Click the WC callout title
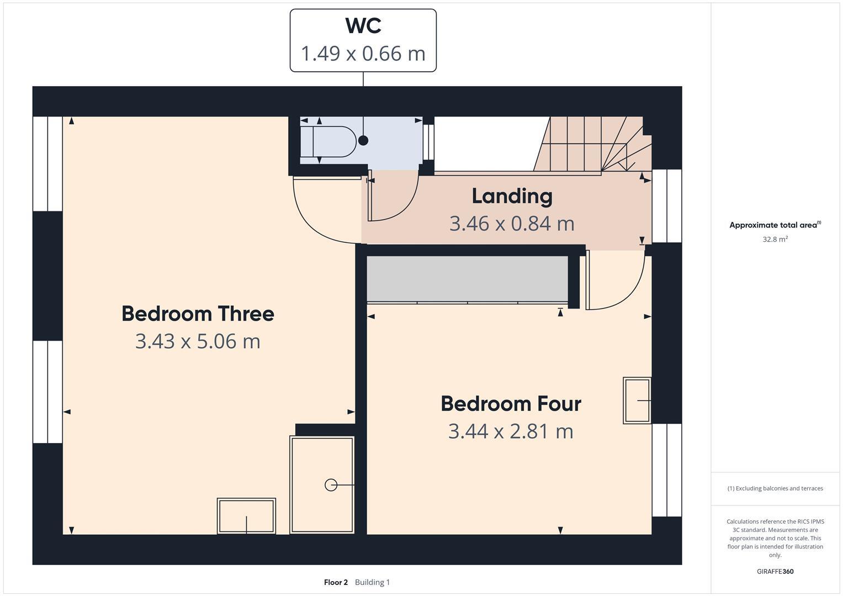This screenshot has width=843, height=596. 363,26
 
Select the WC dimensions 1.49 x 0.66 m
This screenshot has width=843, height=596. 363,54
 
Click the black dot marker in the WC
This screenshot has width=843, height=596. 363,140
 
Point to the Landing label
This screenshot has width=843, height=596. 512,196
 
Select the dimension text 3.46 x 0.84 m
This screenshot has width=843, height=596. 512,223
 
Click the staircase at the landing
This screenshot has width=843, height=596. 591,145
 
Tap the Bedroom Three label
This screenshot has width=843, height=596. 198,313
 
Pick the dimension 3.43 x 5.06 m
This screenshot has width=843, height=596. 198,341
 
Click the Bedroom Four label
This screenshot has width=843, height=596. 511,403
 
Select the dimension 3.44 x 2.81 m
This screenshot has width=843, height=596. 511,431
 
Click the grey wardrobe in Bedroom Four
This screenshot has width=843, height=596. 467,279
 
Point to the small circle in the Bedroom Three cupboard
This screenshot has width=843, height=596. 331,485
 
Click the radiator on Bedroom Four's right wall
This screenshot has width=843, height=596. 637,400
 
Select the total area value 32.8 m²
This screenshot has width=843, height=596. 775,240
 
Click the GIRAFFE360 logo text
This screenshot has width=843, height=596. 775,571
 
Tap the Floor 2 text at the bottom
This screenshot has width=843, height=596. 336,582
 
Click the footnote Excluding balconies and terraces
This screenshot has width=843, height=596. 775,488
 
